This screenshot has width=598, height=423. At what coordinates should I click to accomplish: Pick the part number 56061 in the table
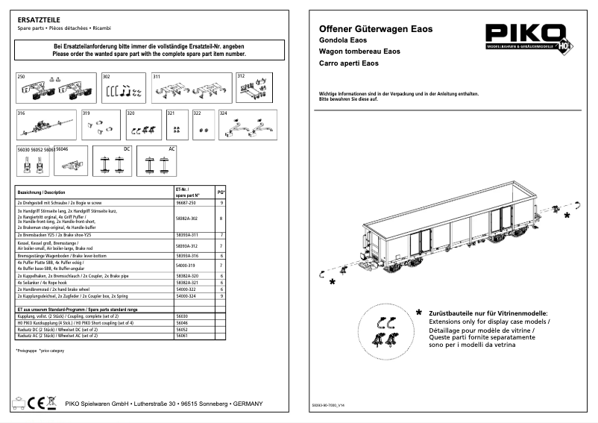181,336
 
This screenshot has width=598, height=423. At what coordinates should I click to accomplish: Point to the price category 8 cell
221,219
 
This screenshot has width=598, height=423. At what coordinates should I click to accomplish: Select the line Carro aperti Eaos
345,64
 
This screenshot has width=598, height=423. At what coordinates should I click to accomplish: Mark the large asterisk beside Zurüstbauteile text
419,313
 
